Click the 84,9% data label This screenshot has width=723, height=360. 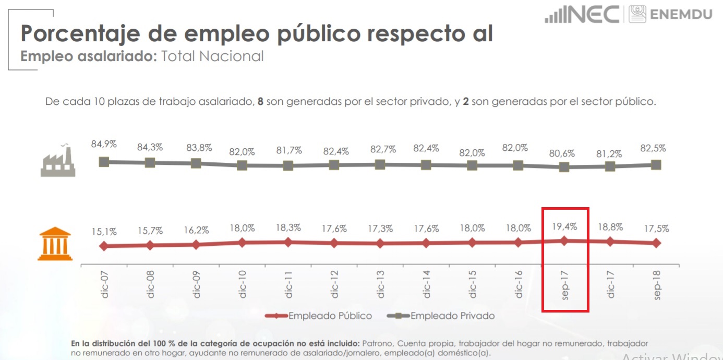tap(104, 144)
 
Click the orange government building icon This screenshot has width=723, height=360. tap(55, 244)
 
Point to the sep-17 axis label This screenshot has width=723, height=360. tap(565, 284)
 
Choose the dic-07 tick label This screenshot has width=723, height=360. tap(105, 284)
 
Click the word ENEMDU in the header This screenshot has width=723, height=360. tap(681, 14)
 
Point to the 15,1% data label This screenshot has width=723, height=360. tap(104, 231)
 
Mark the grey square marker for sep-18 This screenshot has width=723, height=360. tap(656, 165)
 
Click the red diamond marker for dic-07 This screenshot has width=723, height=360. tap(104, 246)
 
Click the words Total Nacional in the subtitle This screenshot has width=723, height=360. tap(212, 56)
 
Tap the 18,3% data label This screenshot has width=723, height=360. tap(288, 228)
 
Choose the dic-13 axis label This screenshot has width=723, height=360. tap(381, 284)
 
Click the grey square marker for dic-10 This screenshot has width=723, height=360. tap(242, 165)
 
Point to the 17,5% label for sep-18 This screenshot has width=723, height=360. tap(656, 228)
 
